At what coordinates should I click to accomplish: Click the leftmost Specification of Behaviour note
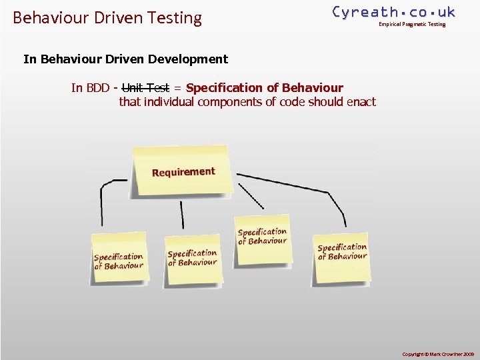click(x=119, y=259)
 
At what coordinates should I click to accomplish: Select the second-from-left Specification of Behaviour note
click(x=193, y=259)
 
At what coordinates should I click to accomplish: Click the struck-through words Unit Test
click(x=146, y=87)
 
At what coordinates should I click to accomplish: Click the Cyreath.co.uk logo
click(x=393, y=12)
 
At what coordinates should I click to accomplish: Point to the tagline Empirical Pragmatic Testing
click(x=411, y=25)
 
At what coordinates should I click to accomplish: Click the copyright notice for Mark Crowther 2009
click(x=438, y=353)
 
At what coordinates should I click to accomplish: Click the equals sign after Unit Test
click(x=177, y=87)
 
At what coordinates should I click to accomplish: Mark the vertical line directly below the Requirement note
click(x=181, y=215)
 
